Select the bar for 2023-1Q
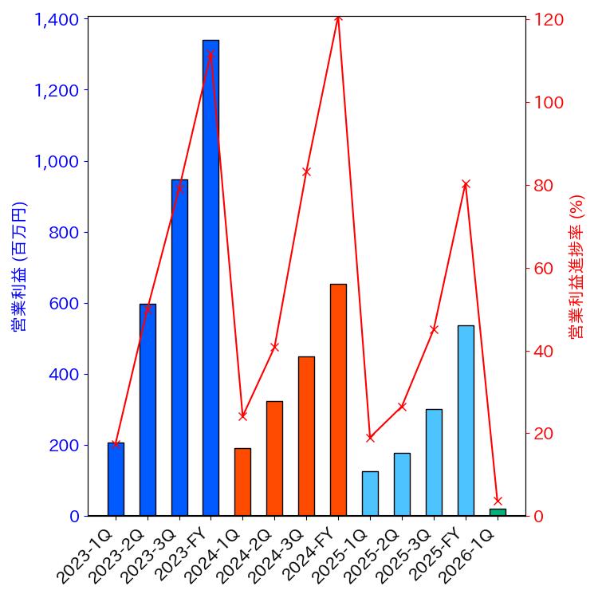tap(116, 479)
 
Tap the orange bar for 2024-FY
tap(338, 399)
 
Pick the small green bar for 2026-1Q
tap(498, 512)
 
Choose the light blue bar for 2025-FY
tap(466, 420)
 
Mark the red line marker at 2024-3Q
tap(306, 171)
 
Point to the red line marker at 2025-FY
tap(466, 184)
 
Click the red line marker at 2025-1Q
tap(370, 437)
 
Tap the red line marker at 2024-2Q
tap(274, 347)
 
